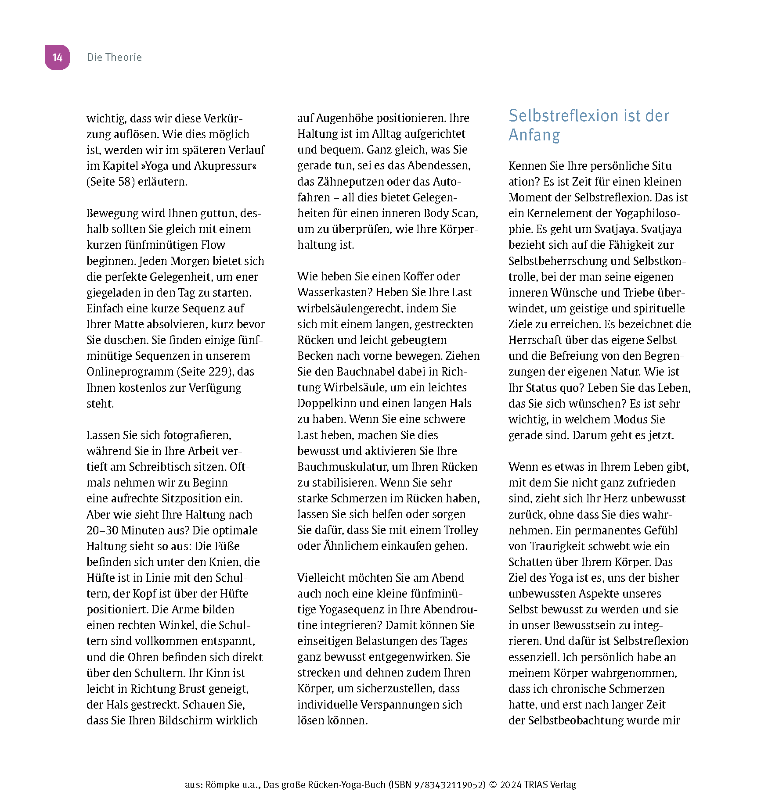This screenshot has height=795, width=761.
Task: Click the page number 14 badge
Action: [x=58, y=57]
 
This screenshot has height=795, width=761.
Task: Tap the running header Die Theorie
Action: [x=114, y=57]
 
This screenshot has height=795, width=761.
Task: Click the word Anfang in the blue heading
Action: [x=534, y=135]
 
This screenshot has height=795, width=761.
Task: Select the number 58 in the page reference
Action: [x=124, y=182]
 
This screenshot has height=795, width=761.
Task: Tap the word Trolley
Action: [x=461, y=530]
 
